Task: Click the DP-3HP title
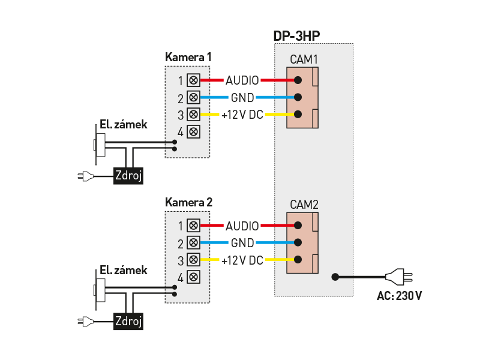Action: (x=296, y=36)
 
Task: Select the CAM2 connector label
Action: (x=304, y=205)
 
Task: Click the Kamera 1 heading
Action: (x=188, y=58)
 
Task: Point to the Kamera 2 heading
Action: (x=188, y=202)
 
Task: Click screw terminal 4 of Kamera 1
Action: (x=193, y=131)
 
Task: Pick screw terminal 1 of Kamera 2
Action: (x=193, y=226)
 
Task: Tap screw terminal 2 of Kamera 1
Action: (x=193, y=97)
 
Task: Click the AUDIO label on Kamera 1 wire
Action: (x=242, y=80)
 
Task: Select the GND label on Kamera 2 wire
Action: (x=242, y=243)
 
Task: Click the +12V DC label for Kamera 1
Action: (x=242, y=115)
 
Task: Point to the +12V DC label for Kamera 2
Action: (x=242, y=260)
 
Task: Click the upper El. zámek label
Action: (x=124, y=125)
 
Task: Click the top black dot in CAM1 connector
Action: (x=298, y=80)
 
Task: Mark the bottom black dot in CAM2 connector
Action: (x=298, y=260)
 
